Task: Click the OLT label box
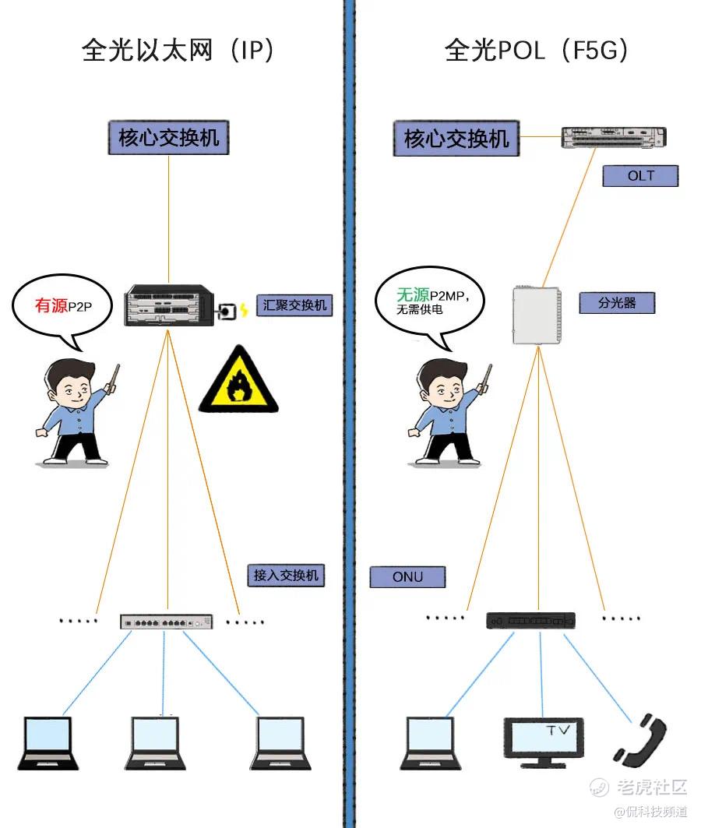click(x=640, y=176)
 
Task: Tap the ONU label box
click(x=407, y=577)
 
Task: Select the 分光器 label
click(x=616, y=303)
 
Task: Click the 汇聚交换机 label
click(x=295, y=305)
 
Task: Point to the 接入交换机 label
click(x=285, y=576)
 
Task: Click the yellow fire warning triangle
click(x=238, y=381)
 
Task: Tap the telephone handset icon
click(x=639, y=740)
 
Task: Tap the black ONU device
click(x=530, y=620)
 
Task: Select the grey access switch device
click(x=167, y=622)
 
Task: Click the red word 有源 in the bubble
click(x=51, y=305)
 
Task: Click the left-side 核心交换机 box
click(x=168, y=139)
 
